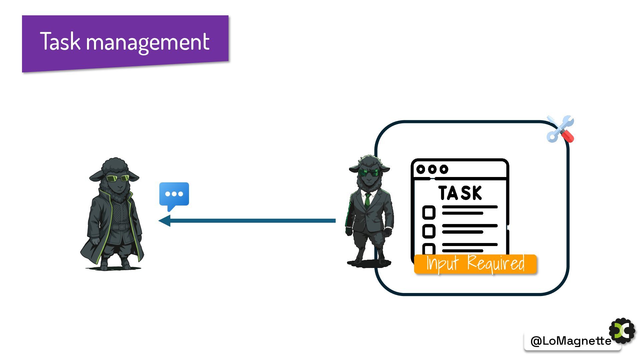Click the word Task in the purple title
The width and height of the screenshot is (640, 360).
60,41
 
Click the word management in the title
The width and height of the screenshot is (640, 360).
148,43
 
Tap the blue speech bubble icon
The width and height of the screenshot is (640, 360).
174,195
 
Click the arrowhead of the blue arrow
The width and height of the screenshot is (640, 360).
165,221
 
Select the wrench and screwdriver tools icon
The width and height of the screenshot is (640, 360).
560,129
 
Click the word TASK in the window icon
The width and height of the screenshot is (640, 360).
460,193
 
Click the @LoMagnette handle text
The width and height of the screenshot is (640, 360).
571,341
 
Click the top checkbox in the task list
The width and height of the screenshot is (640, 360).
429,212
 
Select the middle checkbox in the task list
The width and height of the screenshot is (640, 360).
429,231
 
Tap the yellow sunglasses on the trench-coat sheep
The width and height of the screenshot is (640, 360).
117,178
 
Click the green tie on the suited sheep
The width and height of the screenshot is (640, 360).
367,200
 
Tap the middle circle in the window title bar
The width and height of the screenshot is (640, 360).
432,169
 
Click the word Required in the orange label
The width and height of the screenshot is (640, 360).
496,263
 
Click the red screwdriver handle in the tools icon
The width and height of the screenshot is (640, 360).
568,136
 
